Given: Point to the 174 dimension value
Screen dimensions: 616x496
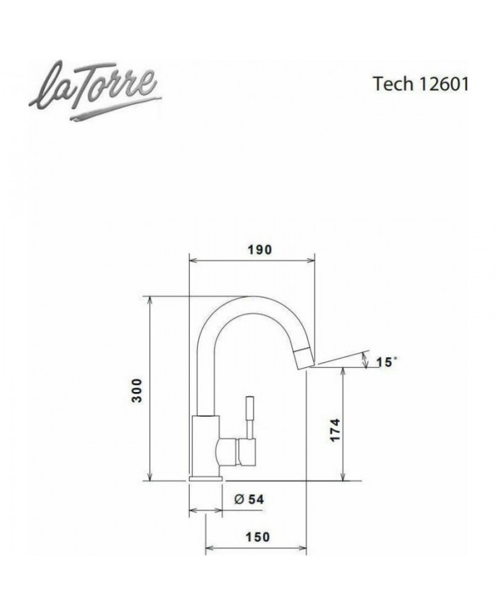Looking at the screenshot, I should (335, 430).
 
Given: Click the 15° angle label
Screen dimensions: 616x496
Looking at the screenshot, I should (386, 362).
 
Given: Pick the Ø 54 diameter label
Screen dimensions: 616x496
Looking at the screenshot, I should (249, 499).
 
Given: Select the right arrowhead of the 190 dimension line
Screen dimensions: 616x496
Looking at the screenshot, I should (311, 260).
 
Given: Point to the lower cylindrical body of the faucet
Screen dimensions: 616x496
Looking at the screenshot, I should (205, 447).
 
